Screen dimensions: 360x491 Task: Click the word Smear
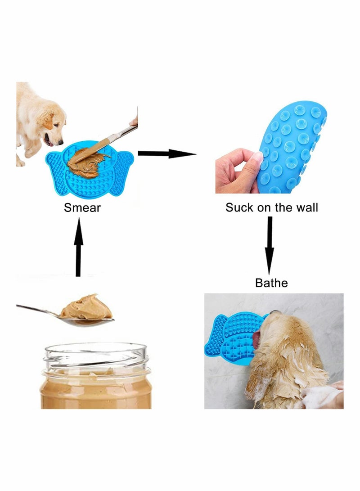pos(82,207)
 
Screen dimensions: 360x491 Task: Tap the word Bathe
pos(271,283)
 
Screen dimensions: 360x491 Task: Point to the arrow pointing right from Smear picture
pos(167,153)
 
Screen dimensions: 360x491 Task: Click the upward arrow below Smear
pos(78,247)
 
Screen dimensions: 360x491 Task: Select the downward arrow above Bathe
pos(269,246)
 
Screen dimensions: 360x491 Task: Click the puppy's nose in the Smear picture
pos(61,143)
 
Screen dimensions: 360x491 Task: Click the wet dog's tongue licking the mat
pos(256,339)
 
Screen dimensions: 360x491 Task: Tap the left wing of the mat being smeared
pos(56,174)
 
